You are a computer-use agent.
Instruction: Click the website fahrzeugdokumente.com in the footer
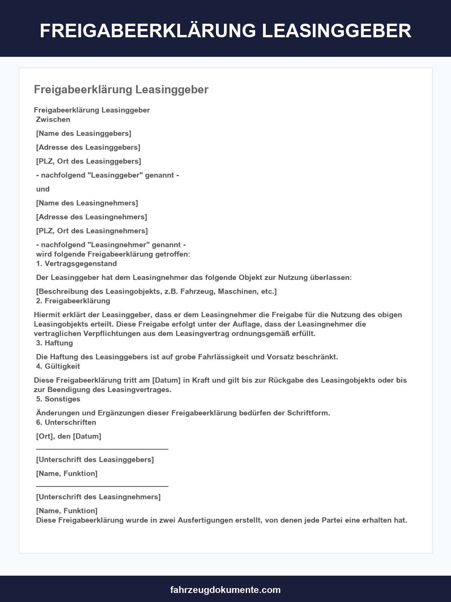point(225,590)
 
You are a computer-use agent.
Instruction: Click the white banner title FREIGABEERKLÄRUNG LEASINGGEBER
point(225,30)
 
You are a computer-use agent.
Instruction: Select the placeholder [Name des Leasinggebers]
point(83,133)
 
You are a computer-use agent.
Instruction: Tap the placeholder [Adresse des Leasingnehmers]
point(91,217)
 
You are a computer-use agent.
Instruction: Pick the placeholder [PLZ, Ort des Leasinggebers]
point(88,161)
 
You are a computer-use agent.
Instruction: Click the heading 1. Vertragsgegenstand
point(76,263)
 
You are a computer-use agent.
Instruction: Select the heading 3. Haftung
point(54,343)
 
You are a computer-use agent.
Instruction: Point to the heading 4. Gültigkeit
point(58,366)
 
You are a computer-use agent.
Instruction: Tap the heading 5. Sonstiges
point(58,399)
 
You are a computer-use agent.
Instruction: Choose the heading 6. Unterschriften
point(66,422)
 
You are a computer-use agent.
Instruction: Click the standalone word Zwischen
point(53,119)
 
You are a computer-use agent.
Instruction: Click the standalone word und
point(43,189)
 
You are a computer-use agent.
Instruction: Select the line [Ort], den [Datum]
point(68,436)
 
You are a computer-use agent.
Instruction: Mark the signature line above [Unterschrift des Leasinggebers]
point(102,449)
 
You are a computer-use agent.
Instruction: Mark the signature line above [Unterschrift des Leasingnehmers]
point(102,486)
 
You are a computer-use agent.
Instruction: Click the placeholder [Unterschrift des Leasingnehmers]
point(98,497)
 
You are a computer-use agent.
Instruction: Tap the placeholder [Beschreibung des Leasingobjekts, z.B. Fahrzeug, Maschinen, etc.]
point(156,291)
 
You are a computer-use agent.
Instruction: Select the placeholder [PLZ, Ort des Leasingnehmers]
point(92,231)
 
